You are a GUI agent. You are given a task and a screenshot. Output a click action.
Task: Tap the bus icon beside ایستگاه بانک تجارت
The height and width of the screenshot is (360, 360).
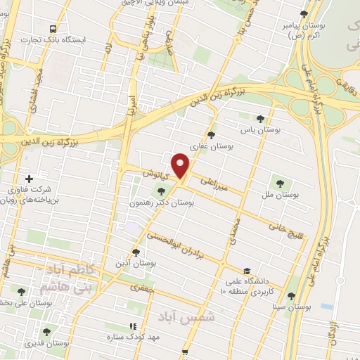pyautogui.click(x=53, y=29)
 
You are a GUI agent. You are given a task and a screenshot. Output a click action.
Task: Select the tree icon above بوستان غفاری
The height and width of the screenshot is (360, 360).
pyautogui.click(x=212, y=135)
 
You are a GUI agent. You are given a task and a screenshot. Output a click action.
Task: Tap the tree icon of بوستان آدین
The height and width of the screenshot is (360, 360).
pyautogui.click(x=136, y=252)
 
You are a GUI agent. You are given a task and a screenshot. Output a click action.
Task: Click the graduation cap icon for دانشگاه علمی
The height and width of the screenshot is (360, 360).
pyautogui.click(x=247, y=270)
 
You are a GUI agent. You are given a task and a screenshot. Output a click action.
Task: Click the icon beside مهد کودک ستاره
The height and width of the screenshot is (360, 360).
pyautogui.click(x=132, y=326)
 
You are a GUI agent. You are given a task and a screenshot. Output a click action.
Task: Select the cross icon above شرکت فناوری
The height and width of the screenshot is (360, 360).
pyautogui.click(x=29, y=179)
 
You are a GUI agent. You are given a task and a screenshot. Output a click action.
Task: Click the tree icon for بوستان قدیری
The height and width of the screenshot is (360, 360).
pyautogui.click(x=46, y=333)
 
